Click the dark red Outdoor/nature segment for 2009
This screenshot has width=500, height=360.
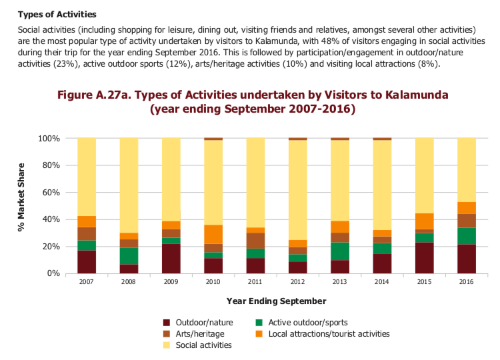[171, 259]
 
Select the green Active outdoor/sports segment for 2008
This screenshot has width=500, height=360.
[129, 256]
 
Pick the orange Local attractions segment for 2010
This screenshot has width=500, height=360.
[213, 234]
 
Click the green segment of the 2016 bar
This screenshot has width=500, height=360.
[467, 237]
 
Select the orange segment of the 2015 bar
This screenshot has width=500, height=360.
[425, 221]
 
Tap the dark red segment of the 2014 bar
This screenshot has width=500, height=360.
[383, 263]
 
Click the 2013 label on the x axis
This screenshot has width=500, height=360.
[340, 283]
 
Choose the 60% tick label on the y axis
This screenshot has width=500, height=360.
[50, 193]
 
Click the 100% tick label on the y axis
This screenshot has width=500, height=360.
[48, 139]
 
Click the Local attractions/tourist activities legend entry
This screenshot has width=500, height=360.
[329, 333]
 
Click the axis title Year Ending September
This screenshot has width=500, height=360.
[277, 301]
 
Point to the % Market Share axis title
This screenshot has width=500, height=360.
[21, 205]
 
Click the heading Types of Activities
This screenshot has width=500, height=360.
[57, 14]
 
